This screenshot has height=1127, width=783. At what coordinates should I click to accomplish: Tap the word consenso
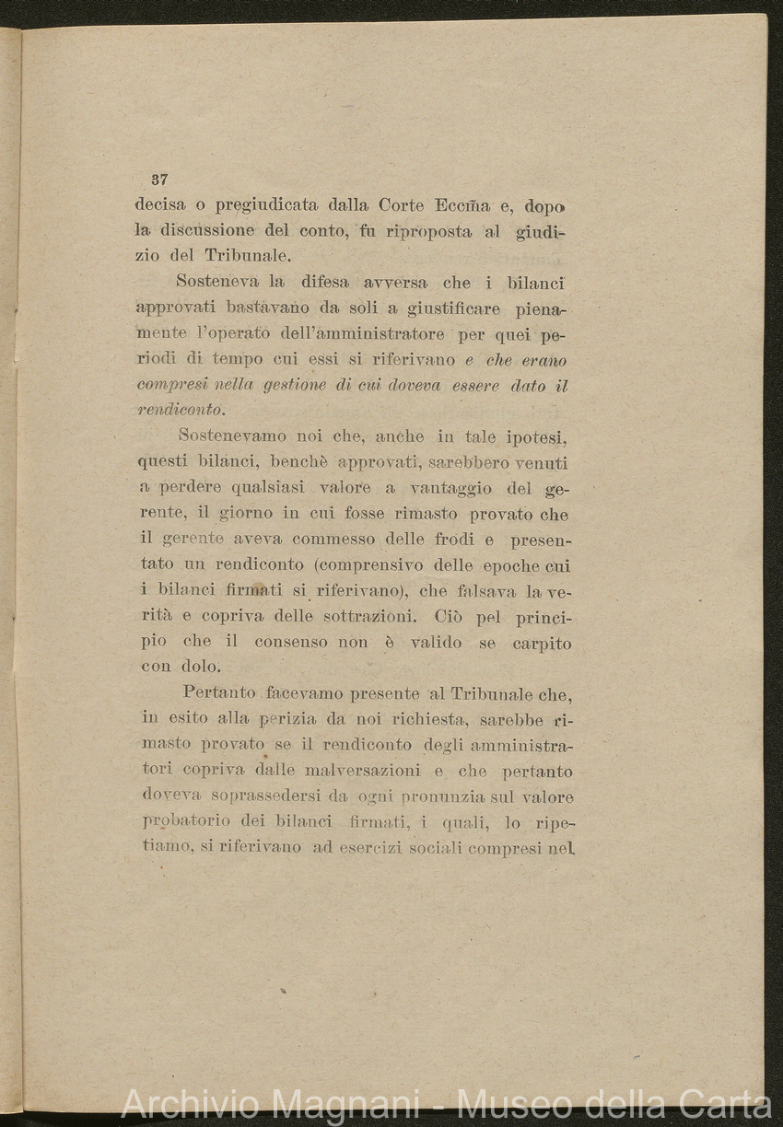[295, 643]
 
